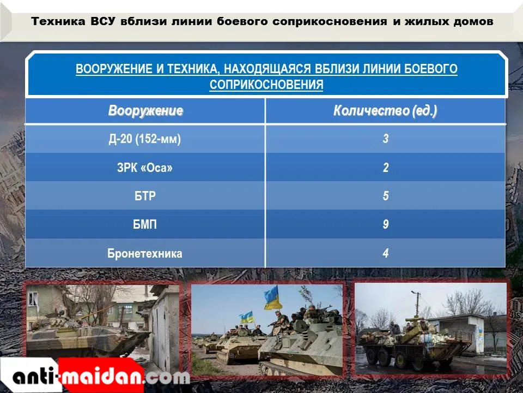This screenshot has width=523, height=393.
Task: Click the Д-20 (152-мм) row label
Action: (145, 139)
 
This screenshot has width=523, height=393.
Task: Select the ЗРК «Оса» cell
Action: (145, 168)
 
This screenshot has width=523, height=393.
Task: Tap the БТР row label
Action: (145, 196)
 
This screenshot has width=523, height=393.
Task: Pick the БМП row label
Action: (145, 224)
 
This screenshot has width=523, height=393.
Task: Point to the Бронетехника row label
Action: (145, 253)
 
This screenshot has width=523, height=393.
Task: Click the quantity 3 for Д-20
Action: (386, 139)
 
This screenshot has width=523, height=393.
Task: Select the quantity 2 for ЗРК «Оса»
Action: (386, 168)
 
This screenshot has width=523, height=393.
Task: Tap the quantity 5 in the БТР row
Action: (386, 196)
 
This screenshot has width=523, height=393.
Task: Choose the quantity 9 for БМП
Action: (386, 224)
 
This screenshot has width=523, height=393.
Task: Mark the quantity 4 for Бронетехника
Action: (386, 253)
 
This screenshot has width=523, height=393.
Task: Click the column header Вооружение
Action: (145, 111)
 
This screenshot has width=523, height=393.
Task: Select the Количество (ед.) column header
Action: (385, 111)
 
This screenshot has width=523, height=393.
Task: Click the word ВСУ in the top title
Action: (103, 21)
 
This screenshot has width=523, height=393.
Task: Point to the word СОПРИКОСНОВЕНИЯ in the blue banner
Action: (266, 85)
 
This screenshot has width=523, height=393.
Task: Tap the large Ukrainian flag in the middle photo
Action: (273, 298)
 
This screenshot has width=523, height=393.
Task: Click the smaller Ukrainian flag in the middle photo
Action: (247, 317)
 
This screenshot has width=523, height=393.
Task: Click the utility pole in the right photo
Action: (417, 305)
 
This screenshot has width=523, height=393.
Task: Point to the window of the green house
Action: (33, 299)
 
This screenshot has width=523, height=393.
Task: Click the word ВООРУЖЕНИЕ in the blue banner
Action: (114, 69)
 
